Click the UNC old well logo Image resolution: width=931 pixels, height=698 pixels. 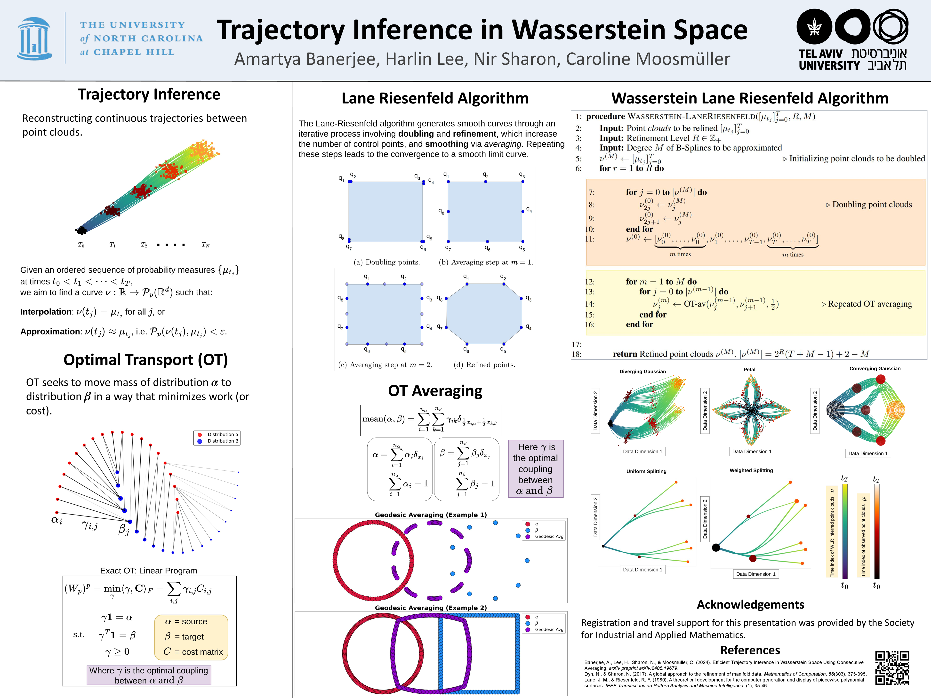(x=34, y=39)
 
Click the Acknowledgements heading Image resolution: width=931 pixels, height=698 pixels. (x=750, y=605)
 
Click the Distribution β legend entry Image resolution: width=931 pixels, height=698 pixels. (x=222, y=441)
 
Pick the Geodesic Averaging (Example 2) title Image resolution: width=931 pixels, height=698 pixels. (x=431, y=608)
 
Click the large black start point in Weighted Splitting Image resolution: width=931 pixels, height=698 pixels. (x=715, y=547)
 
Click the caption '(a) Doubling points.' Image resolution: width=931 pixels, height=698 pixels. (x=386, y=262)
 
